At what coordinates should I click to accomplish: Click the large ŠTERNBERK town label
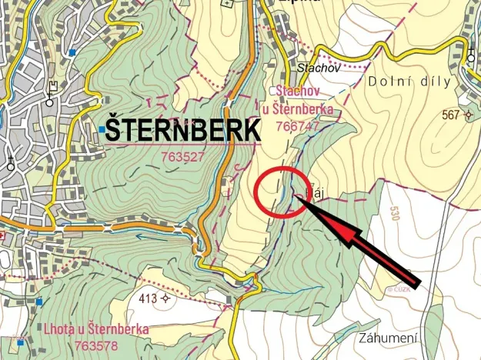[x=183, y=130]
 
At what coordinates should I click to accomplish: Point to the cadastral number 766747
[x=299, y=126]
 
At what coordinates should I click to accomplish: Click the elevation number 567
[x=451, y=115]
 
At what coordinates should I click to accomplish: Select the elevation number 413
[x=148, y=298]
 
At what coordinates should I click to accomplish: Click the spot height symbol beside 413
[x=165, y=298]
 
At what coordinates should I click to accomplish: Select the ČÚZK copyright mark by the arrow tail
[x=399, y=289]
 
